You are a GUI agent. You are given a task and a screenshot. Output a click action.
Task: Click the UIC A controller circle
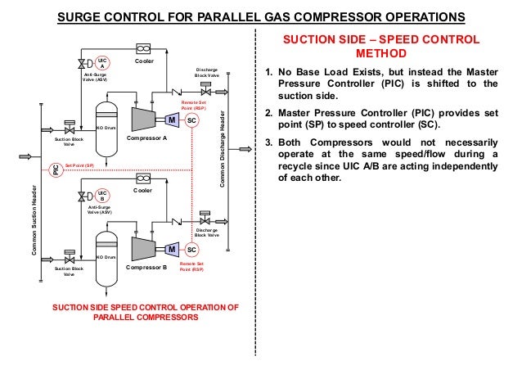click(102, 63)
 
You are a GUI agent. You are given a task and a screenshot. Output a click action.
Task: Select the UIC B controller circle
click(102, 196)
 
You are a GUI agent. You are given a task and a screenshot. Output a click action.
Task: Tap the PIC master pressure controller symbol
click(56, 169)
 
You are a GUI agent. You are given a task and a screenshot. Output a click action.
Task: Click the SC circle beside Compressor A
click(191, 120)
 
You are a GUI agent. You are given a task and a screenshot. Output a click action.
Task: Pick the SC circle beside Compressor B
click(191, 249)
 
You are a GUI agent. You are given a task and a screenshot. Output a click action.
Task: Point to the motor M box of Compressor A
click(172, 120)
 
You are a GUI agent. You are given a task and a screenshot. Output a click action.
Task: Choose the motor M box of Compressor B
click(172, 249)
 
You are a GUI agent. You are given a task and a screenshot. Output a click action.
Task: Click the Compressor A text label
click(146, 139)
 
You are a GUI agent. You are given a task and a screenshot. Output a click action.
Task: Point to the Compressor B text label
click(146, 268)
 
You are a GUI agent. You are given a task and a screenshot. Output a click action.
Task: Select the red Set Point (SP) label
click(79, 165)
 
